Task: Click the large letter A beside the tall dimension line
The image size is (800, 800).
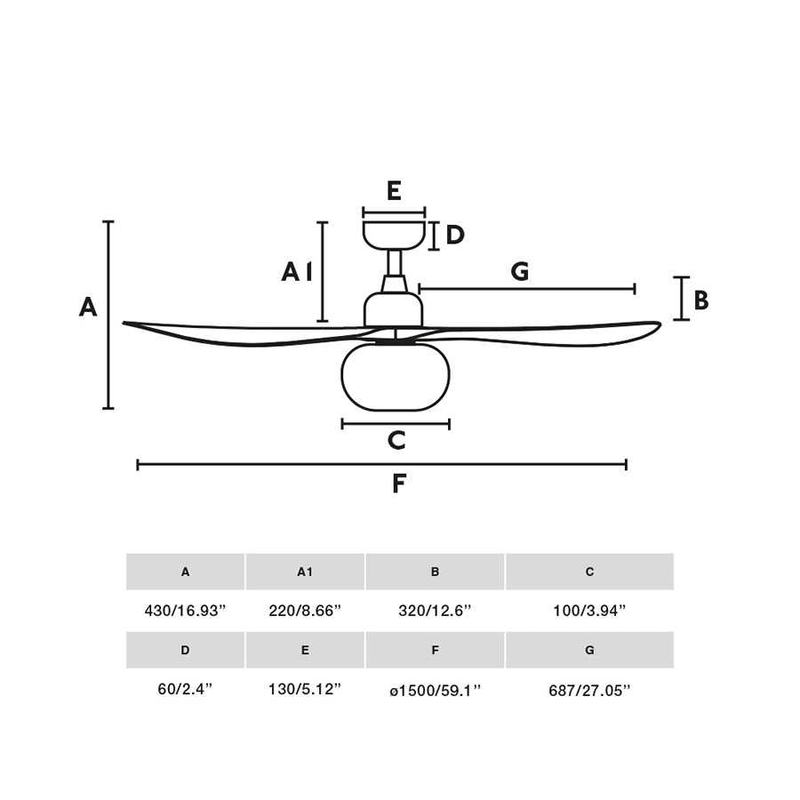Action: click(x=88, y=308)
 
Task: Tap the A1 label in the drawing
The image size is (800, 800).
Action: click(x=297, y=272)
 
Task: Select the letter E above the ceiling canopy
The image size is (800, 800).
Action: click(x=394, y=191)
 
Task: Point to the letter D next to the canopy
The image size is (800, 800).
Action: click(x=455, y=236)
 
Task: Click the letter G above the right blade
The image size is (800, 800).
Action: click(x=520, y=271)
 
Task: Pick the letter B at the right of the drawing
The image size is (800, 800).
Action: click(x=701, y=300)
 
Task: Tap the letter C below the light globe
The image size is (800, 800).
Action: click(x=396, y=440)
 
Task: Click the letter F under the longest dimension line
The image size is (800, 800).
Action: click(x=399, y=484)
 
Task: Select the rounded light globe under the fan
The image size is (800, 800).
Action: click(x=396, y=377)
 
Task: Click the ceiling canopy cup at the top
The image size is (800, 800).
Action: click(x=394, y=236)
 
